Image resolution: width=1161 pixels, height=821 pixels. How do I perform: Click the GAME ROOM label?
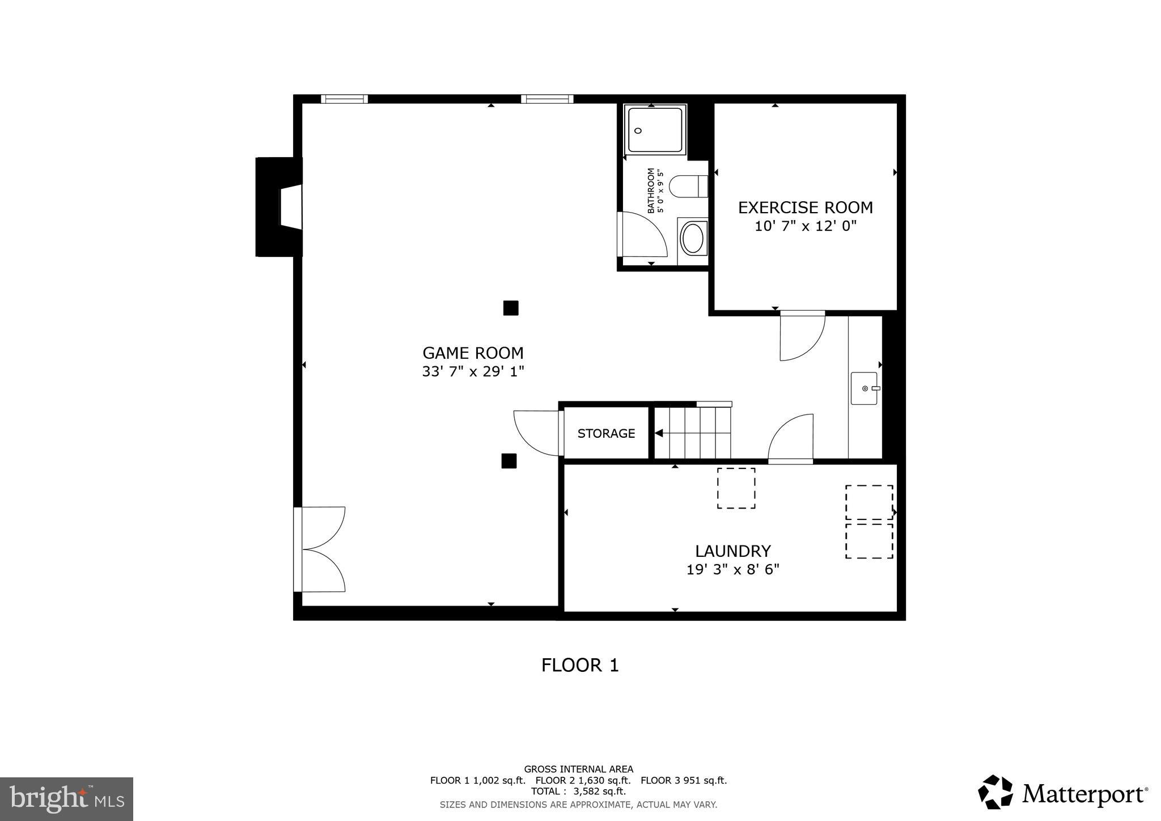[x=473, y=353]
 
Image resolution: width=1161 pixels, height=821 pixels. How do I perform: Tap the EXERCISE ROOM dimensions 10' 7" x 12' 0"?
[x=805, y=226]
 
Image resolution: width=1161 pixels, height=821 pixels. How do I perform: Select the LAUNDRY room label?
[x=732, y=551]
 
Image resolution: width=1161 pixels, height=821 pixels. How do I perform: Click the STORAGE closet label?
[x=606, y=433]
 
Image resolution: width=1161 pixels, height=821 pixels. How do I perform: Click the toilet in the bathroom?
[x=688, y=186]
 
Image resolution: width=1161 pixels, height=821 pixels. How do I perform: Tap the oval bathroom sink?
[x=692, y=239]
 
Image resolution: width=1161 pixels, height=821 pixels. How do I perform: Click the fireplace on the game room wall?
[x=279, y=208]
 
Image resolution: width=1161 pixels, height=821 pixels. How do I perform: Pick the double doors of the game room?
[x=320, y=549]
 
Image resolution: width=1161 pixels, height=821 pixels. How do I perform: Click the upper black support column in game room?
[x=510, y=308]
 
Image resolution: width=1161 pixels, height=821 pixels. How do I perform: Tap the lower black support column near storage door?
[x=509, y=461]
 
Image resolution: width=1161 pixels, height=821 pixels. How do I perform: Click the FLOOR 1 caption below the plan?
[x=579, y=665]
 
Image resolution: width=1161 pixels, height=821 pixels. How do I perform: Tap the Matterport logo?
[x=1062, y=793]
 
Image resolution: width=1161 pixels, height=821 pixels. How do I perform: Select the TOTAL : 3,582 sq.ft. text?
[x=578, y=791]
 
